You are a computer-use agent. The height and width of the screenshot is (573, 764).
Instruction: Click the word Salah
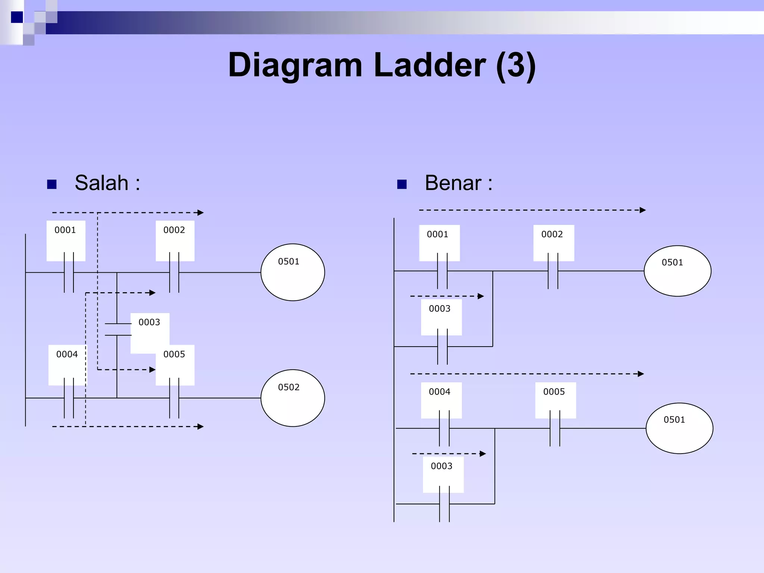(101, 183)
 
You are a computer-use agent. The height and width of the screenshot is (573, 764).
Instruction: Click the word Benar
(453, 183)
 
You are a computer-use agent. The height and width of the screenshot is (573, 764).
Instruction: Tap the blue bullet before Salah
(52, 184)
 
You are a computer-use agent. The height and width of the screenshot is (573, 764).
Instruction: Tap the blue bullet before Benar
(402, 184)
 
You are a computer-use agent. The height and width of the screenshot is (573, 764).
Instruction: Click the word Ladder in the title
(429, 65)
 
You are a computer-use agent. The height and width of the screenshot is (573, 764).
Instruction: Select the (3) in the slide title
(516, 65)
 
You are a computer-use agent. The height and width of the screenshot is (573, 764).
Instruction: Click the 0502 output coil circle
(292, 398)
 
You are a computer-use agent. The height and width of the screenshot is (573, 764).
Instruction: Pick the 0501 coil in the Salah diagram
(292, 272)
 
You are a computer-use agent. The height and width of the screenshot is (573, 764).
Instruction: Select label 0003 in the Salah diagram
(149, 322)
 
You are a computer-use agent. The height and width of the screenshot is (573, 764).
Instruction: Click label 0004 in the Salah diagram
(67, 354)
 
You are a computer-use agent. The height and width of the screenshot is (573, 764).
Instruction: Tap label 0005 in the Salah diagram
(174, 354)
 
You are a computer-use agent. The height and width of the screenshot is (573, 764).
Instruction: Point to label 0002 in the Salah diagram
(174, 230)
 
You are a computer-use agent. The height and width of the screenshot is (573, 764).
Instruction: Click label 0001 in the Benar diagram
(438, 235)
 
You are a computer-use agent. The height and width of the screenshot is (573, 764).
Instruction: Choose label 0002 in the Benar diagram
(552, 235)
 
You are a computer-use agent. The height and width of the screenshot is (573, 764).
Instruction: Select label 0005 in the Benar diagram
(554, 392)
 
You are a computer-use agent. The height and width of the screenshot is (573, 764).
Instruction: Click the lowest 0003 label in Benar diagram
(442, 466)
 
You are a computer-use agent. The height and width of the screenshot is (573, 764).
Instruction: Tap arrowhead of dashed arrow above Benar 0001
(642, 210)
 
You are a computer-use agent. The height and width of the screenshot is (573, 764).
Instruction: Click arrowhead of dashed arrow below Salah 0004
(201, 426)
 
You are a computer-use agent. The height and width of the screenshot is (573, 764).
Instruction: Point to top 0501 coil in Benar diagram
(677, 271)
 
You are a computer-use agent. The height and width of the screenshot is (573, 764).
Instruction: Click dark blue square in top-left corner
(17, 17)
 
